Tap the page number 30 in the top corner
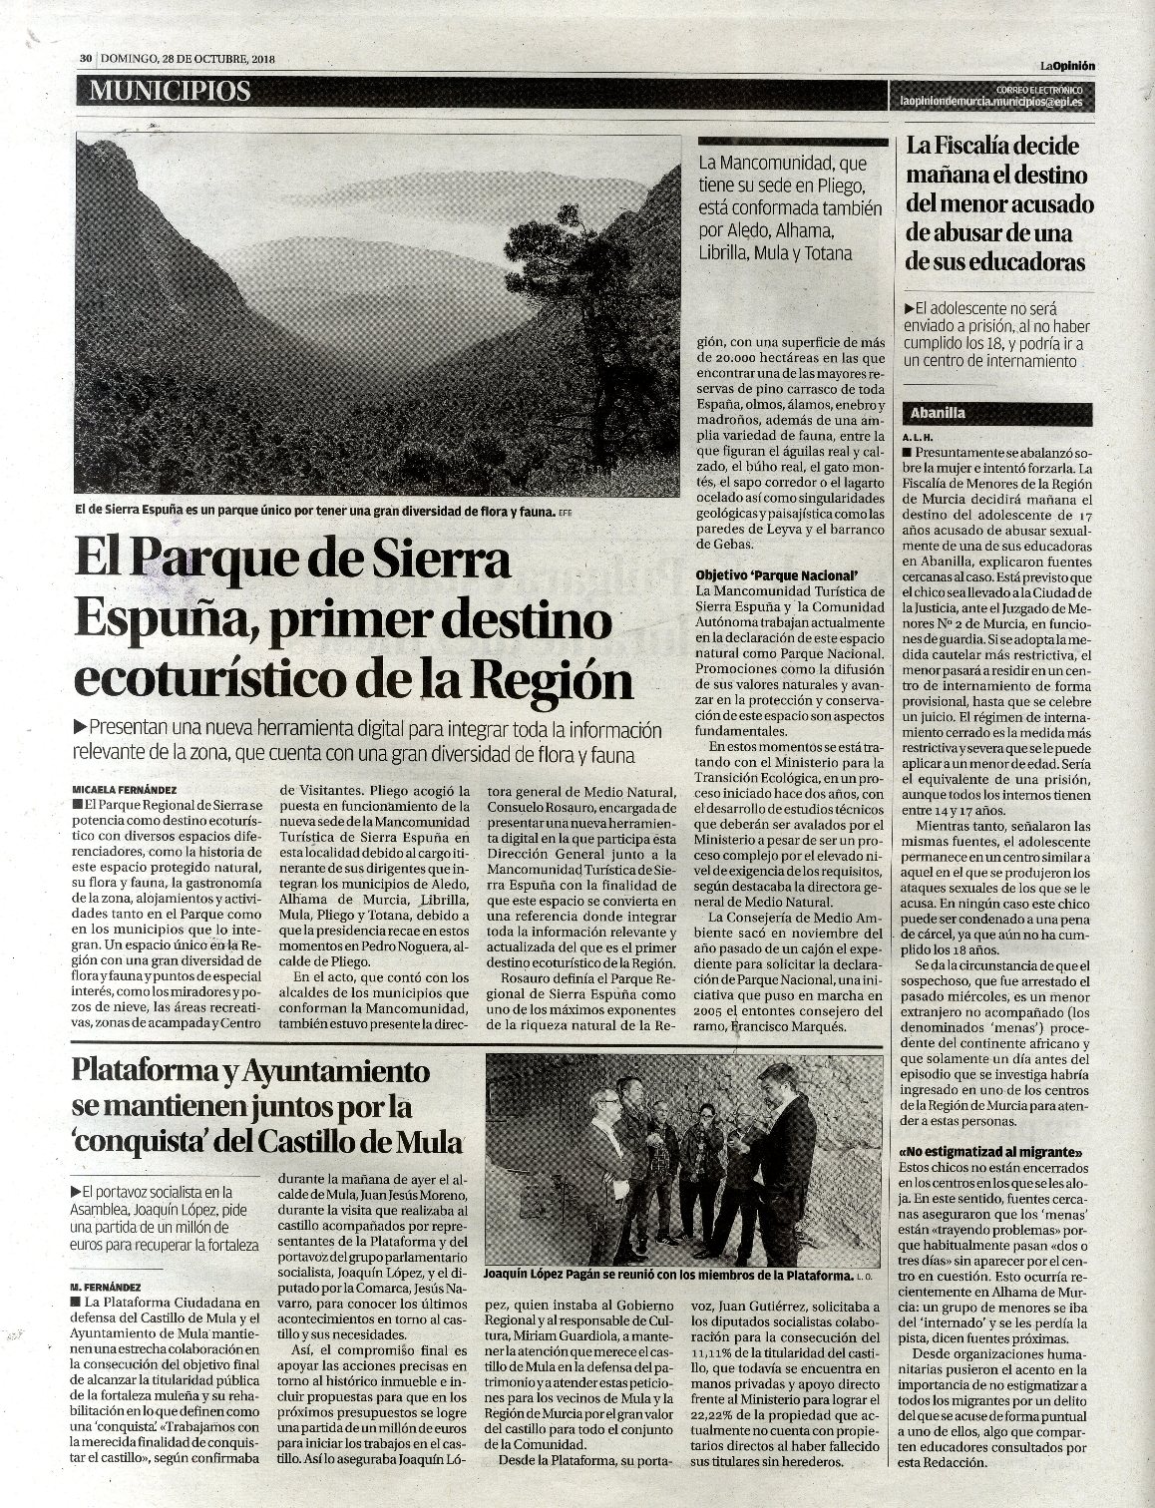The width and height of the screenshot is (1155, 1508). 87,58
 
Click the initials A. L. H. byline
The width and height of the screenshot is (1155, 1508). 918,438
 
